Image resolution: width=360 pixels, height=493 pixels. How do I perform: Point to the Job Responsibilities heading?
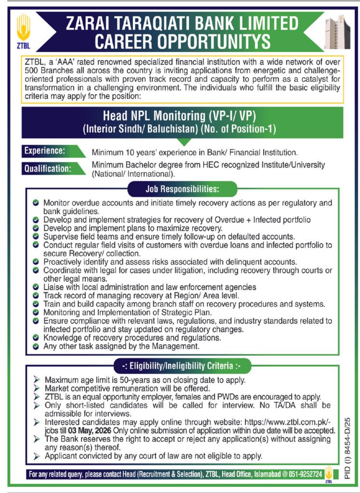[x=182, y=187]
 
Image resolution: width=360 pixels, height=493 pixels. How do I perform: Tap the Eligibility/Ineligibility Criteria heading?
[x=182, y=365]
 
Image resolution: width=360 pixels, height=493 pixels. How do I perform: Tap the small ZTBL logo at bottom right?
[x=329, y=474]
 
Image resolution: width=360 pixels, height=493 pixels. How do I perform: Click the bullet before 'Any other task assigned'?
[x=36, y=346]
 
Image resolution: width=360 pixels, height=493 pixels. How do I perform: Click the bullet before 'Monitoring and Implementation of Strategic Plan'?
[x=36, y=312]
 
